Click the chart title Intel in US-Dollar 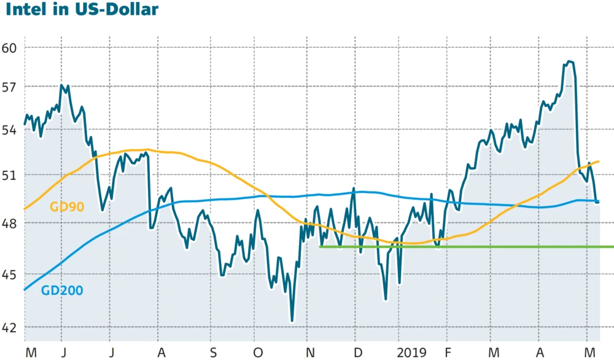pyautogui.click(x=79, y=10)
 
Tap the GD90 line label pyautogui.click(x=66, y=207)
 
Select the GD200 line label pyautogui.click(x=62, y=290)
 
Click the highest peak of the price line pyautogui.click(x=569, y=61)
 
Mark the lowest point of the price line pyautogui.click(x=292, y=321)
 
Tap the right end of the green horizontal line pyautogui.click(x=612, y=247)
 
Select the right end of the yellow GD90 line pyautogui.click(x=598, y=162)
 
